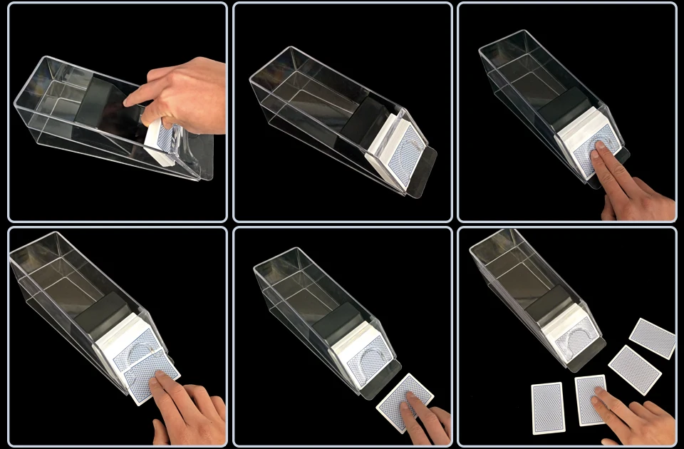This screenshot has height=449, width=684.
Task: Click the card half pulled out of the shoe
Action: point(150,374)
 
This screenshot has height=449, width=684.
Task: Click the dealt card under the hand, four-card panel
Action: point(590,399)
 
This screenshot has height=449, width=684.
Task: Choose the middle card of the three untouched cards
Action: point(634,368)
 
